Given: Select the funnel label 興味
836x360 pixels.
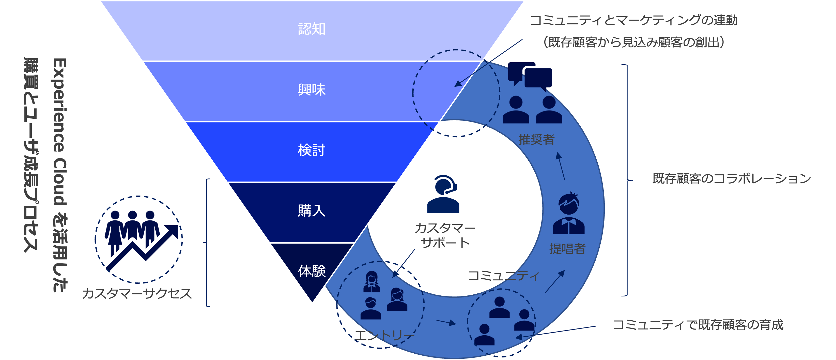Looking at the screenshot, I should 312,89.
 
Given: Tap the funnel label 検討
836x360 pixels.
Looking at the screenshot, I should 312,150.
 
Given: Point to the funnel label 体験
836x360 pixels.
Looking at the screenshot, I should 312,271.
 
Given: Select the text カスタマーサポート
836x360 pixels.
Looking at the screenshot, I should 445,235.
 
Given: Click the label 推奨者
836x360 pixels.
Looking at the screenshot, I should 536,140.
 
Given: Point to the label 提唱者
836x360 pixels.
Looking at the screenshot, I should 567,249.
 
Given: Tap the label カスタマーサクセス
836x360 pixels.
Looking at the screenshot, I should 137,294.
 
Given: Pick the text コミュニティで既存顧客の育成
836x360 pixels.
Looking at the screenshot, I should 698,325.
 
